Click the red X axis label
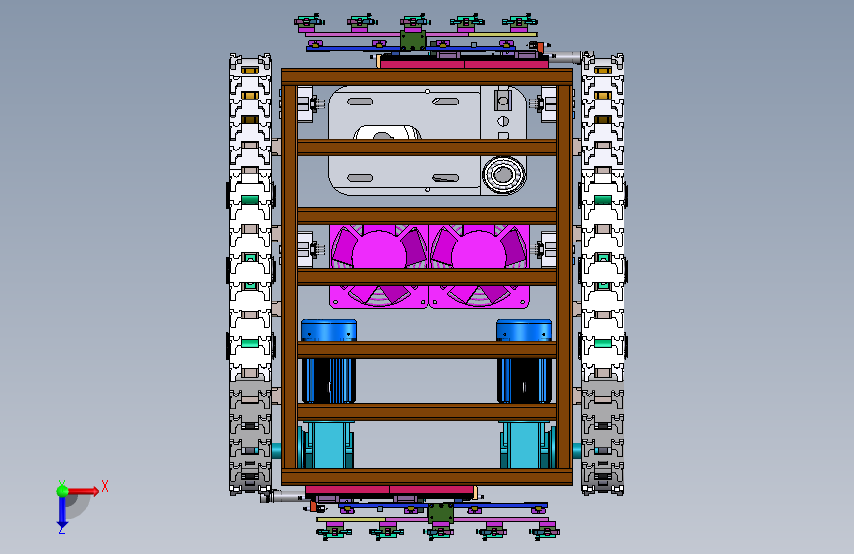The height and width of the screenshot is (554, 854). [105, 486]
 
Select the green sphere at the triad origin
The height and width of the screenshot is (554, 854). [63, 491]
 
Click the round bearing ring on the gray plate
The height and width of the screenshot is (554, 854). [503, 175]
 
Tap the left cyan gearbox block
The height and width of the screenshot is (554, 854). [328, 445]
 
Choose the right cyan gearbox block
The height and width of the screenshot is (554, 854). [526, 445]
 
